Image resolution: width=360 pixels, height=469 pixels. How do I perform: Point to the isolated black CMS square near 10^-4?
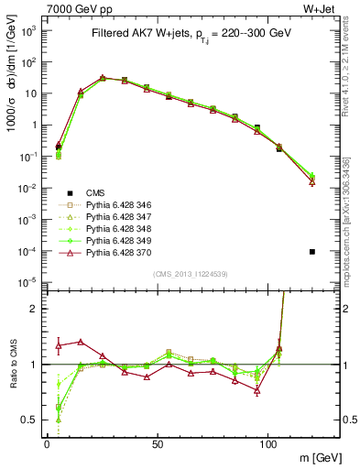pyautogui.click(x=312, y=252)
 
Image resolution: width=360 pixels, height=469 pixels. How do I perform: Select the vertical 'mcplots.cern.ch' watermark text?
pyautogui.click(x=352, y=229)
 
